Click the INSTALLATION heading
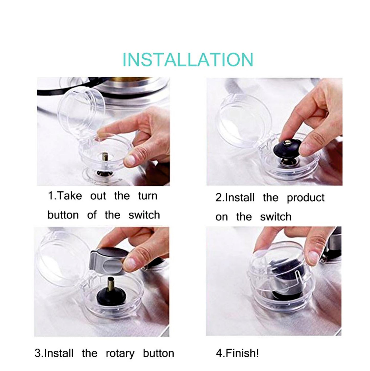[x=188, y=59]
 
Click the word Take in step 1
[x=69, y=196]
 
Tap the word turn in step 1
[x=148, y=196]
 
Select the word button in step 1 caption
[x=63, y=215]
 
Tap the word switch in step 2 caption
[x=276, y=217]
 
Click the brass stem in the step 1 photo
[x=105, y=157]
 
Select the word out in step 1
[x=98, y=196]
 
